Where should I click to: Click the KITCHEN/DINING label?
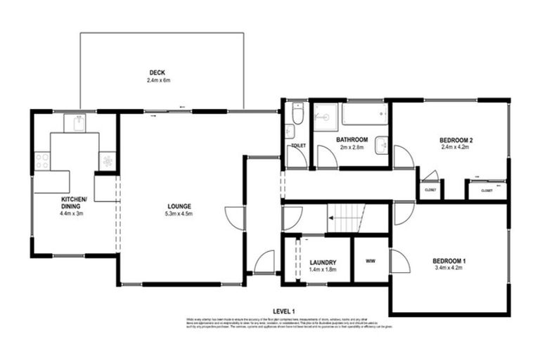point(73,202)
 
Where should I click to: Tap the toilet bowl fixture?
point(297,115)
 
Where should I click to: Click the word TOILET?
point(297,146)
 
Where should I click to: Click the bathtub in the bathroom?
point(364,113)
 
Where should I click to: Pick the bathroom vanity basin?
point(381,144)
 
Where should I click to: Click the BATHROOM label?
point(354,139)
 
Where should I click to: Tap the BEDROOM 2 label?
point(456,140)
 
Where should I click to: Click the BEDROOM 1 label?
point(449,262)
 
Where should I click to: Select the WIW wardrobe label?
point(371,261)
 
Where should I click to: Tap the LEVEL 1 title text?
point(283,311)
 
